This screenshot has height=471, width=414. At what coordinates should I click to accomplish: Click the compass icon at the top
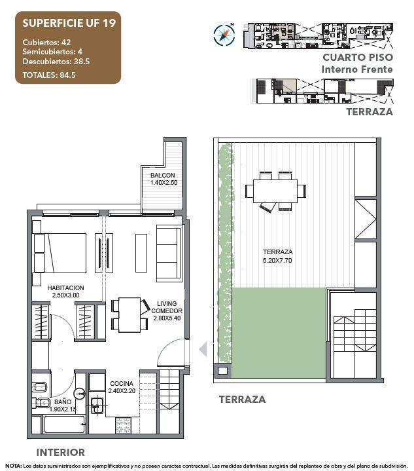click(x=224, y=34)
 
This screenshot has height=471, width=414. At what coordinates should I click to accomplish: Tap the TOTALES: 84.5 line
click(x=50, y=75)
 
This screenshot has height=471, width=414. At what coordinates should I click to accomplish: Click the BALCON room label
click(x=162, y=176)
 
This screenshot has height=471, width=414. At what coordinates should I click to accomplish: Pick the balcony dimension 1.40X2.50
click(x=163, y=183)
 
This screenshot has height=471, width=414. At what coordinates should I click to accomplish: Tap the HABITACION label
click(x=65, y=288)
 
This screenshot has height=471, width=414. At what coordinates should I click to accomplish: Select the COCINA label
click(x=122, y=384)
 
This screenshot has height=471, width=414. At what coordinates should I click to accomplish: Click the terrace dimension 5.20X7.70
click(x=277, y=259)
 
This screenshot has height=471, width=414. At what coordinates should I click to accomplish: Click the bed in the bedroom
click(x=60, y=253)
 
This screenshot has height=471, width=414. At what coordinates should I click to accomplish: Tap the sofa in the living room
click(x=168, y=253)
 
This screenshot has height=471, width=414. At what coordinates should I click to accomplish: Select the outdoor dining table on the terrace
click(x=275, y=191)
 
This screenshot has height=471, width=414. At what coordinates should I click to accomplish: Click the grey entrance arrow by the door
click(x=203, y=349)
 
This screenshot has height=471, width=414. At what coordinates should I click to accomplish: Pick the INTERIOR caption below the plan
click(x=60, y=452)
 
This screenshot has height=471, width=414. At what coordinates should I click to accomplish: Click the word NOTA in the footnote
click(x=13, y=466)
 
